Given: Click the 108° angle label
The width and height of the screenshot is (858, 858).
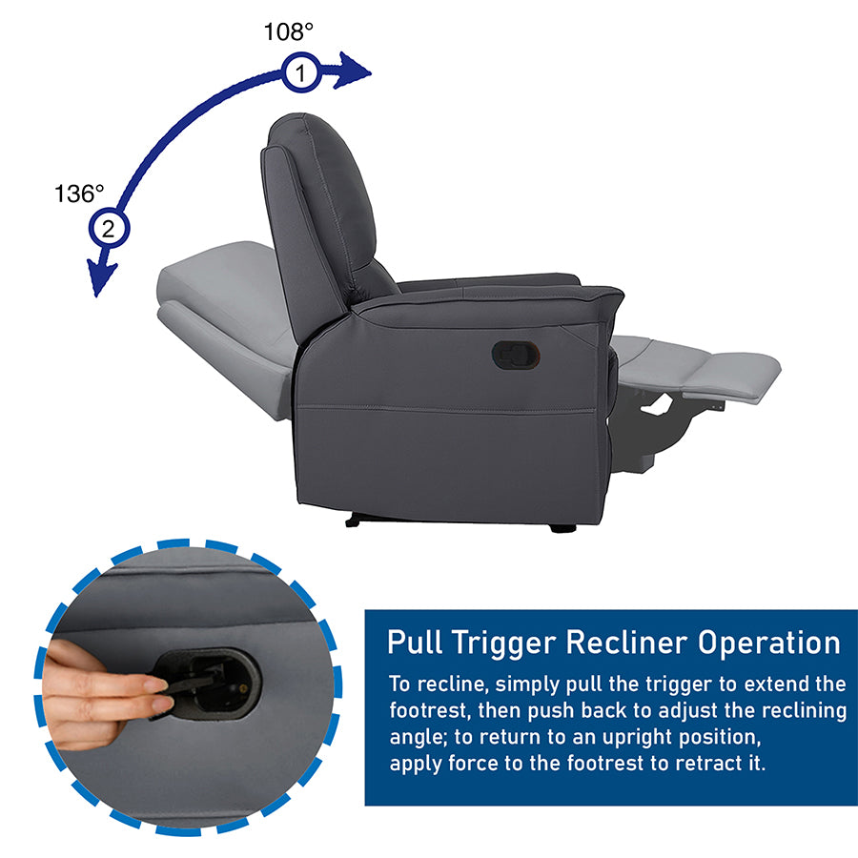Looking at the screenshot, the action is point(288,31).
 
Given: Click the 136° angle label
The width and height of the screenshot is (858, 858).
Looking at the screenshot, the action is point(79,194).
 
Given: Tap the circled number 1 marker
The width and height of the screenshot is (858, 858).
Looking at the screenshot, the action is point(301,72).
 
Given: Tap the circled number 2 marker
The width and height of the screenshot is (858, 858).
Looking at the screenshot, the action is point(109,228).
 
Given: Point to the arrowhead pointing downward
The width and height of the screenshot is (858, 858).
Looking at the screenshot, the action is point(102,277).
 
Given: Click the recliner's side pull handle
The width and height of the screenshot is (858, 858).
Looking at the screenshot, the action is point(516,356).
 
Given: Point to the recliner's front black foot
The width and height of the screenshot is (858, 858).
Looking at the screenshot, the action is point(562,528).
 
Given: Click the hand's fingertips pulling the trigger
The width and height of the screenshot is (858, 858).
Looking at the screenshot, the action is point(157,694).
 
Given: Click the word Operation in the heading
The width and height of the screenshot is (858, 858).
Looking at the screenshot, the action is point(769,643).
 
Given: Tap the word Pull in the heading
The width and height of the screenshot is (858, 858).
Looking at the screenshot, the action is point(415,642).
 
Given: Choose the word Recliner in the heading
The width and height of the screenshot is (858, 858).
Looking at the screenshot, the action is point(626,642).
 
